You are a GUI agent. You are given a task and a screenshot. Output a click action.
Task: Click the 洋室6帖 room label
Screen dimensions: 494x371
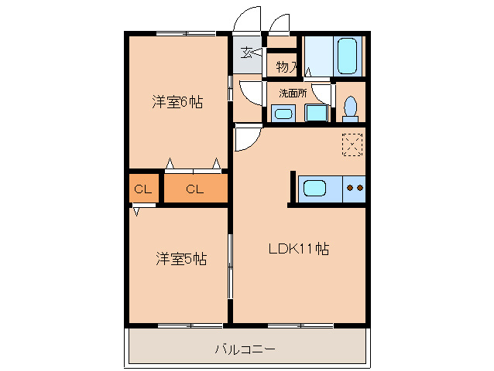(x=177, y=102)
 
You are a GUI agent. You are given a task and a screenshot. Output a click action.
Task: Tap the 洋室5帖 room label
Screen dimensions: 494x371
(x=181, y=259)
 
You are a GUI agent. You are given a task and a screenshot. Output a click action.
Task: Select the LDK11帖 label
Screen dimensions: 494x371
(x=299, y=249)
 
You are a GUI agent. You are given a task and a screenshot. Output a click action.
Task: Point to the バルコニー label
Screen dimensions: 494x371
(x=245, y=349)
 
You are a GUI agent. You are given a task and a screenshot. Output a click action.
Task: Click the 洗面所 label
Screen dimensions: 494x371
(x=293, y=93)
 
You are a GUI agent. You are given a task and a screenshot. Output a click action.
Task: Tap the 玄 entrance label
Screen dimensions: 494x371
(x=246, y=53)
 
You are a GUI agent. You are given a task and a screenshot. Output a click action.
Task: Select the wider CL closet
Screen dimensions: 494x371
(x=196, y=188)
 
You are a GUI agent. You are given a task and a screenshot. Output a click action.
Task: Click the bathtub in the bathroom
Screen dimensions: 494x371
(x=348, y=56)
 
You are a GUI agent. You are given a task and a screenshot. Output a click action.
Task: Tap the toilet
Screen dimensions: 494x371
(x=350, y=108)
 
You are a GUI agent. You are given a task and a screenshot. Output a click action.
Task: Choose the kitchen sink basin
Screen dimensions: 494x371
(x=314, y=188)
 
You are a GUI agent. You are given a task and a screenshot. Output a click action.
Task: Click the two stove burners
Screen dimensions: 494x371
(x=355, y=188)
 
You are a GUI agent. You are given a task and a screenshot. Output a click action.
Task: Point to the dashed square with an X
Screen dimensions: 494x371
(x=352, y=145)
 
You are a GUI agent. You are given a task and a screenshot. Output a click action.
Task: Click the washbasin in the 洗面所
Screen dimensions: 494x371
(x=283, y=113)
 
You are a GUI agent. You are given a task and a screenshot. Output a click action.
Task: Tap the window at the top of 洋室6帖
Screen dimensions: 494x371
(x=186, y=33)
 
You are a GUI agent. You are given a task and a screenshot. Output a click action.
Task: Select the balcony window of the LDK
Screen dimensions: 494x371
(x=300, y=325)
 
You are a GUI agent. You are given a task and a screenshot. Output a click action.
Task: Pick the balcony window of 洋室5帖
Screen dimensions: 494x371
(x=190, y=325)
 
